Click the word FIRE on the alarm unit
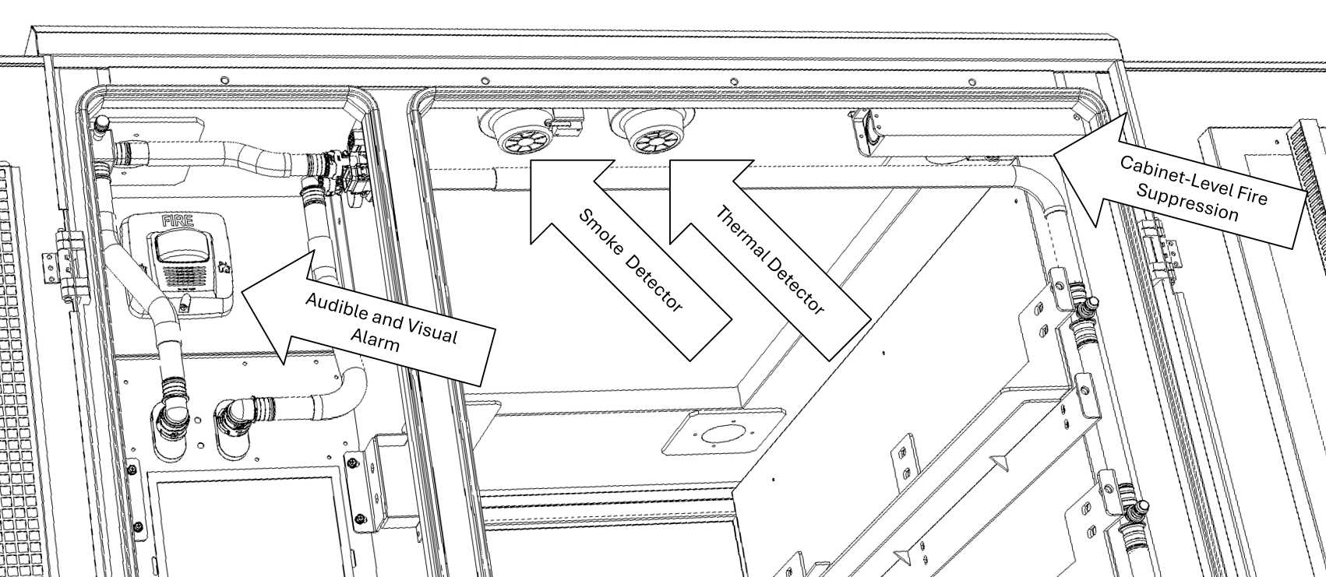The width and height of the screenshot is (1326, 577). [x=176, y=220]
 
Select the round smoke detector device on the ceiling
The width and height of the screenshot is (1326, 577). [x=518, y=132]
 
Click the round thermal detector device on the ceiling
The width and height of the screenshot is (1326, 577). [x=644, y=130]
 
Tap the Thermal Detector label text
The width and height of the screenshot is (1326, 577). [x=770, y=261]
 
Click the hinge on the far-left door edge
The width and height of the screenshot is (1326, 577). [x=51, y=255]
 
